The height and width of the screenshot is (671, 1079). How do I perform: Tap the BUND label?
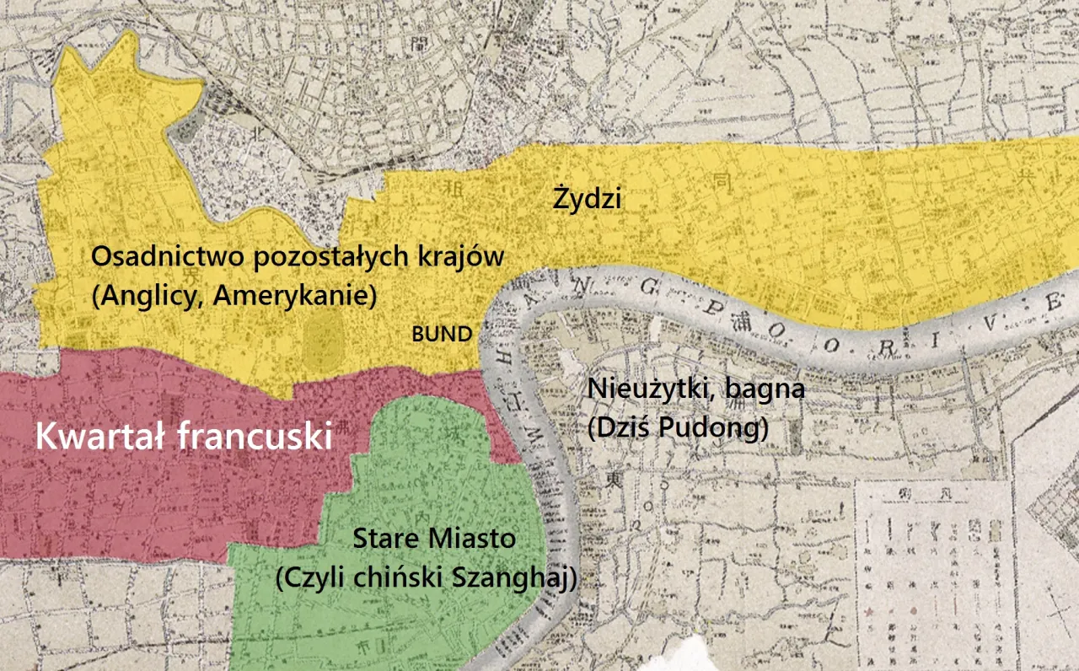[x=442, y=334]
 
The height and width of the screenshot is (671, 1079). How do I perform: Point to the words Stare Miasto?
[x=434, y=538]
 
